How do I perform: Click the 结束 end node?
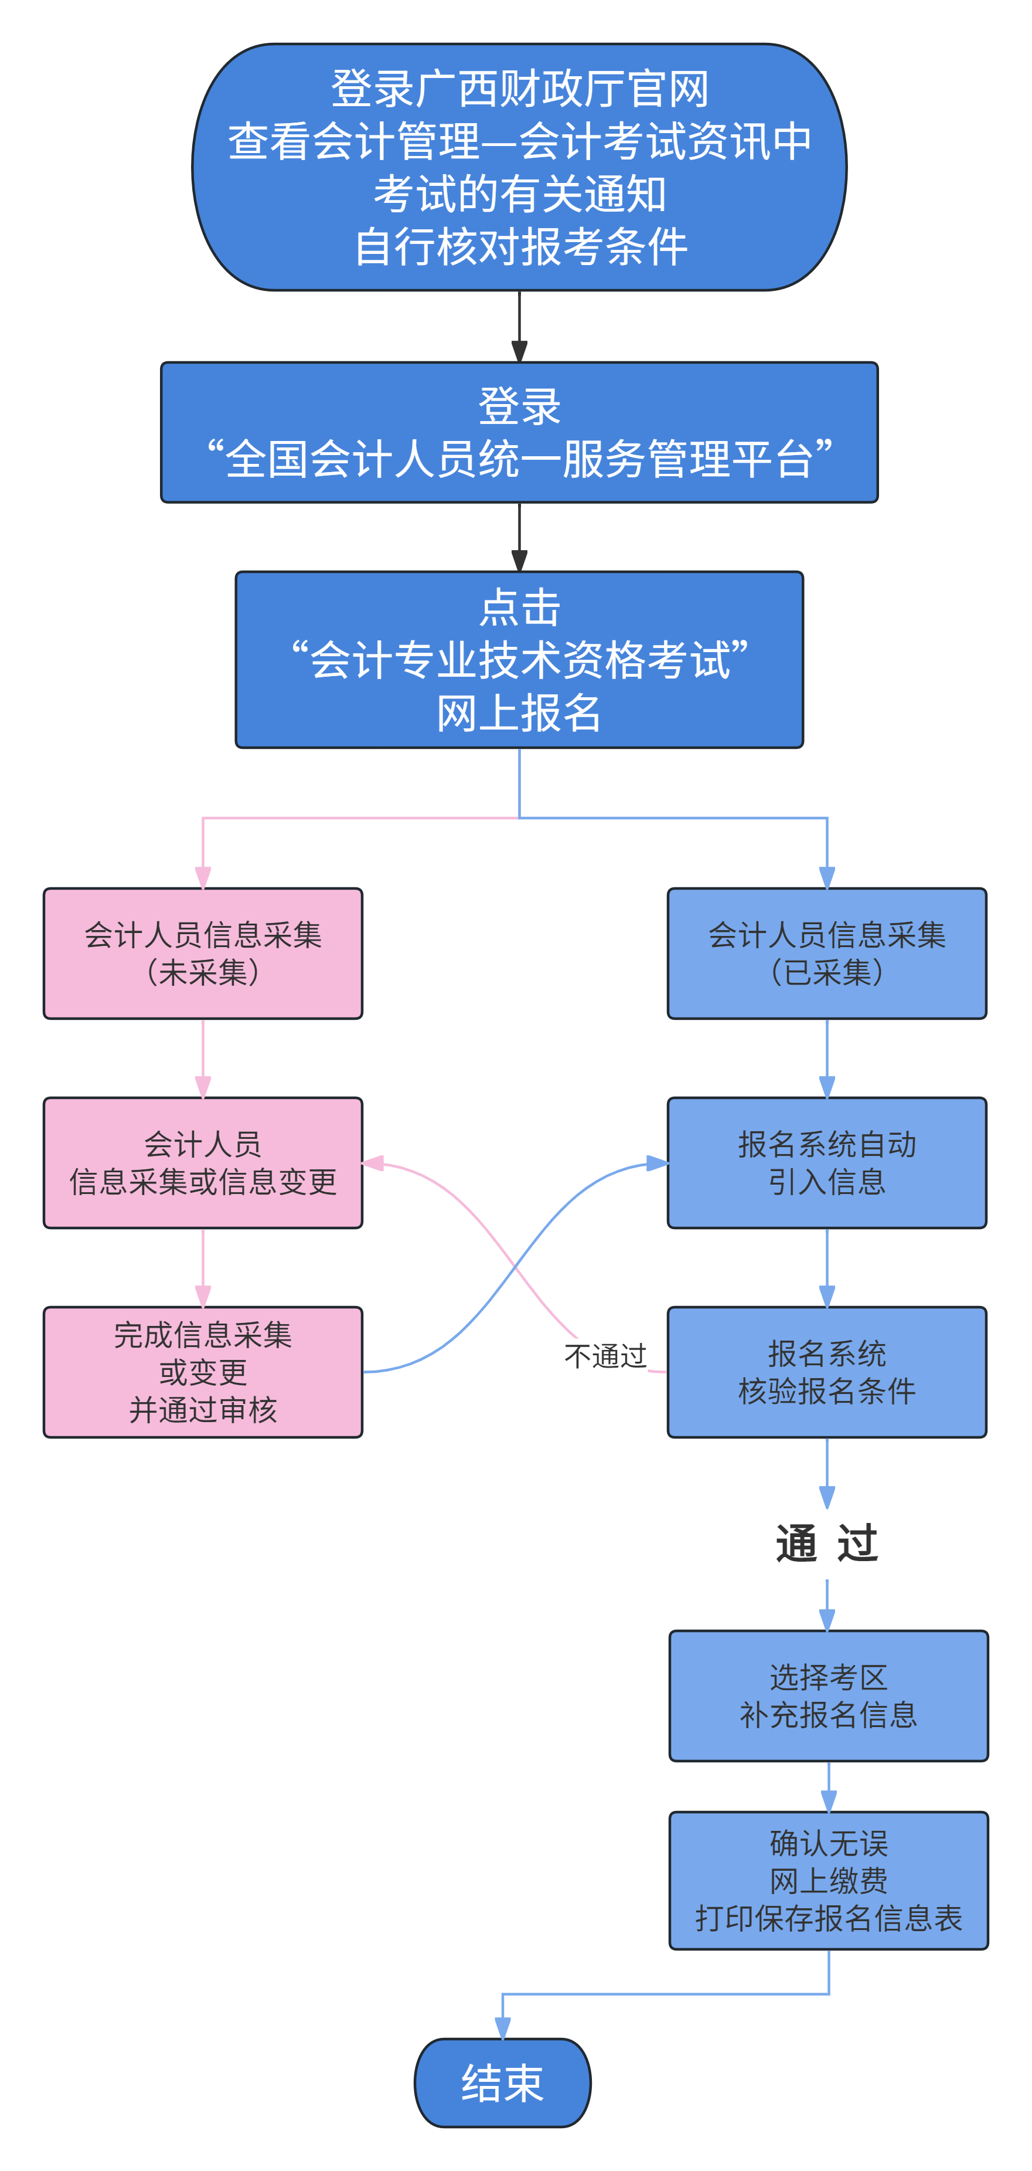[x=502, y=2082]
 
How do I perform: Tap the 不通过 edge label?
[x=605, y=1356]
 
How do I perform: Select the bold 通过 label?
[x=826, y=1544]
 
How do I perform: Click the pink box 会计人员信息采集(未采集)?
[x=203, y=953]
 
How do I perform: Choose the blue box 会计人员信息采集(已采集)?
[x=826, y=953]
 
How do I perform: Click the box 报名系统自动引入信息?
[x=826, y=1162]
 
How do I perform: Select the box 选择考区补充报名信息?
[x=828, y=1695]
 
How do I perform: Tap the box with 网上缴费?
[x=828, y=1880]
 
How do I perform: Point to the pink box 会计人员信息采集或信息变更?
[x=203, y=1162]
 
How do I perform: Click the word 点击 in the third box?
[x=519, y=608]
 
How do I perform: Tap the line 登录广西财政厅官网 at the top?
[x=519, y=89]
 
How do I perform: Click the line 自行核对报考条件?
[x=519, y=248]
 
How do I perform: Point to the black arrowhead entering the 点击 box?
[x=519, y=561]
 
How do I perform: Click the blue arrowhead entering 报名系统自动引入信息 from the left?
[x=657, y=1164]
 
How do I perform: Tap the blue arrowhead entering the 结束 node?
[x=503, y=2028]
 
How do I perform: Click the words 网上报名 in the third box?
[x=519, y=714]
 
